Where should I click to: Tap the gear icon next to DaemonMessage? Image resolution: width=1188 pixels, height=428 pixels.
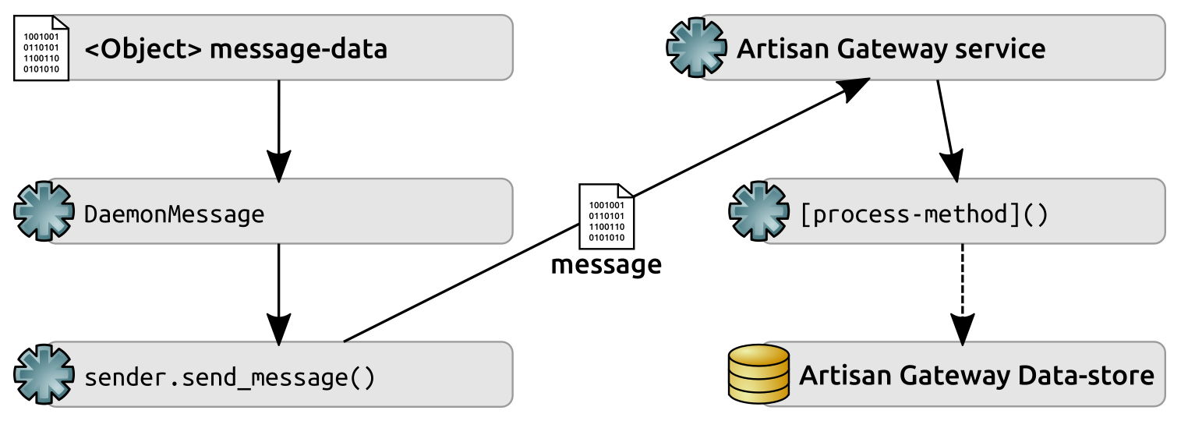(x=44, y=211)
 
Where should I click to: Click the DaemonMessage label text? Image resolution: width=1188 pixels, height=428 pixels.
(x=174, y=214)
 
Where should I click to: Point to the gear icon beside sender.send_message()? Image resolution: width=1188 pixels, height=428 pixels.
(x=44, y=376)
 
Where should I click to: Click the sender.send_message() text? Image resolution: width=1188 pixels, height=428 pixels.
(x=229, y=378)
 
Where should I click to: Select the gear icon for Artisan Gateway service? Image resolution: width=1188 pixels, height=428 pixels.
(x=696, y=48)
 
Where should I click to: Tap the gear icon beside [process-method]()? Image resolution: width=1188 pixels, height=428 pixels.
(x=758, y=211)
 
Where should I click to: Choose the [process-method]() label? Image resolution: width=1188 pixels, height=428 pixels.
(x=925, y=214)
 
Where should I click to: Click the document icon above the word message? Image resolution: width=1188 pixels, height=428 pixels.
(x=606, y=215)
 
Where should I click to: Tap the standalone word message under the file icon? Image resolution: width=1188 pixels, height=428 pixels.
(x=606, y=265)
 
